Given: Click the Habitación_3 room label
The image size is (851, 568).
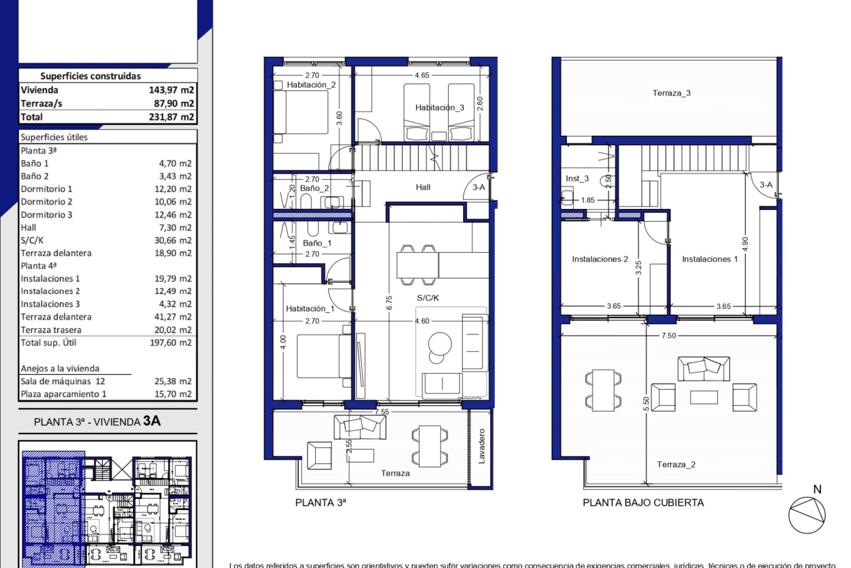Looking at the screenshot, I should [x=439, y=107].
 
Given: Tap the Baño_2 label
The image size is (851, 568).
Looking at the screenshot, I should [x=314, y=188].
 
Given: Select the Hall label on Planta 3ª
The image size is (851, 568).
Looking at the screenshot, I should [x=423, y=187].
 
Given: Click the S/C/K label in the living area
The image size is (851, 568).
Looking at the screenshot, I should [x=428, y=298].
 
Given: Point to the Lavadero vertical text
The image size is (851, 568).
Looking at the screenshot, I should [x=482, y=446].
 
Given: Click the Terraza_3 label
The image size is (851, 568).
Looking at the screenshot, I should [x=671, y=93].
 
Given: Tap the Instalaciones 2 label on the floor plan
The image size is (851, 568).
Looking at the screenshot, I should [x=600, y=259].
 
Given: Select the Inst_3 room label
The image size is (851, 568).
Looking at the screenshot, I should [x=577, y=178].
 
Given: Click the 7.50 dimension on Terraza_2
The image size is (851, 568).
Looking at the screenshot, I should [x=668, y=335].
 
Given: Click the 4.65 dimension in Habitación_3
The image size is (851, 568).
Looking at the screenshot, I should [x=422, y=75].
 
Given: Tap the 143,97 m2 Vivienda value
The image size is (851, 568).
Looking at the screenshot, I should [x=171, y=90].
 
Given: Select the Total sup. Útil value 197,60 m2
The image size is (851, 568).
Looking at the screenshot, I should [x=170, y=343].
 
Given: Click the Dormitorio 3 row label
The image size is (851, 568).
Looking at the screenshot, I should [x=47, y=215].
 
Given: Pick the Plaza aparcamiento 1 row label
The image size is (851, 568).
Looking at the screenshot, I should [x=63, y=394].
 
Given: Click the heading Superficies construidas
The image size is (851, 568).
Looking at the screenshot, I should [x=90, y=76].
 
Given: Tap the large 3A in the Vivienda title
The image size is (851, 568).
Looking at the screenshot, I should [x=152, y=421].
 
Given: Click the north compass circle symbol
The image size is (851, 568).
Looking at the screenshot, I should [x=807, y=515].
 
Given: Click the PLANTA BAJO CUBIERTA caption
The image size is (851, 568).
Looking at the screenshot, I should [x=643, y=503].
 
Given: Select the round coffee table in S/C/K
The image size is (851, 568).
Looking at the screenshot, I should [x=440, y=344].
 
